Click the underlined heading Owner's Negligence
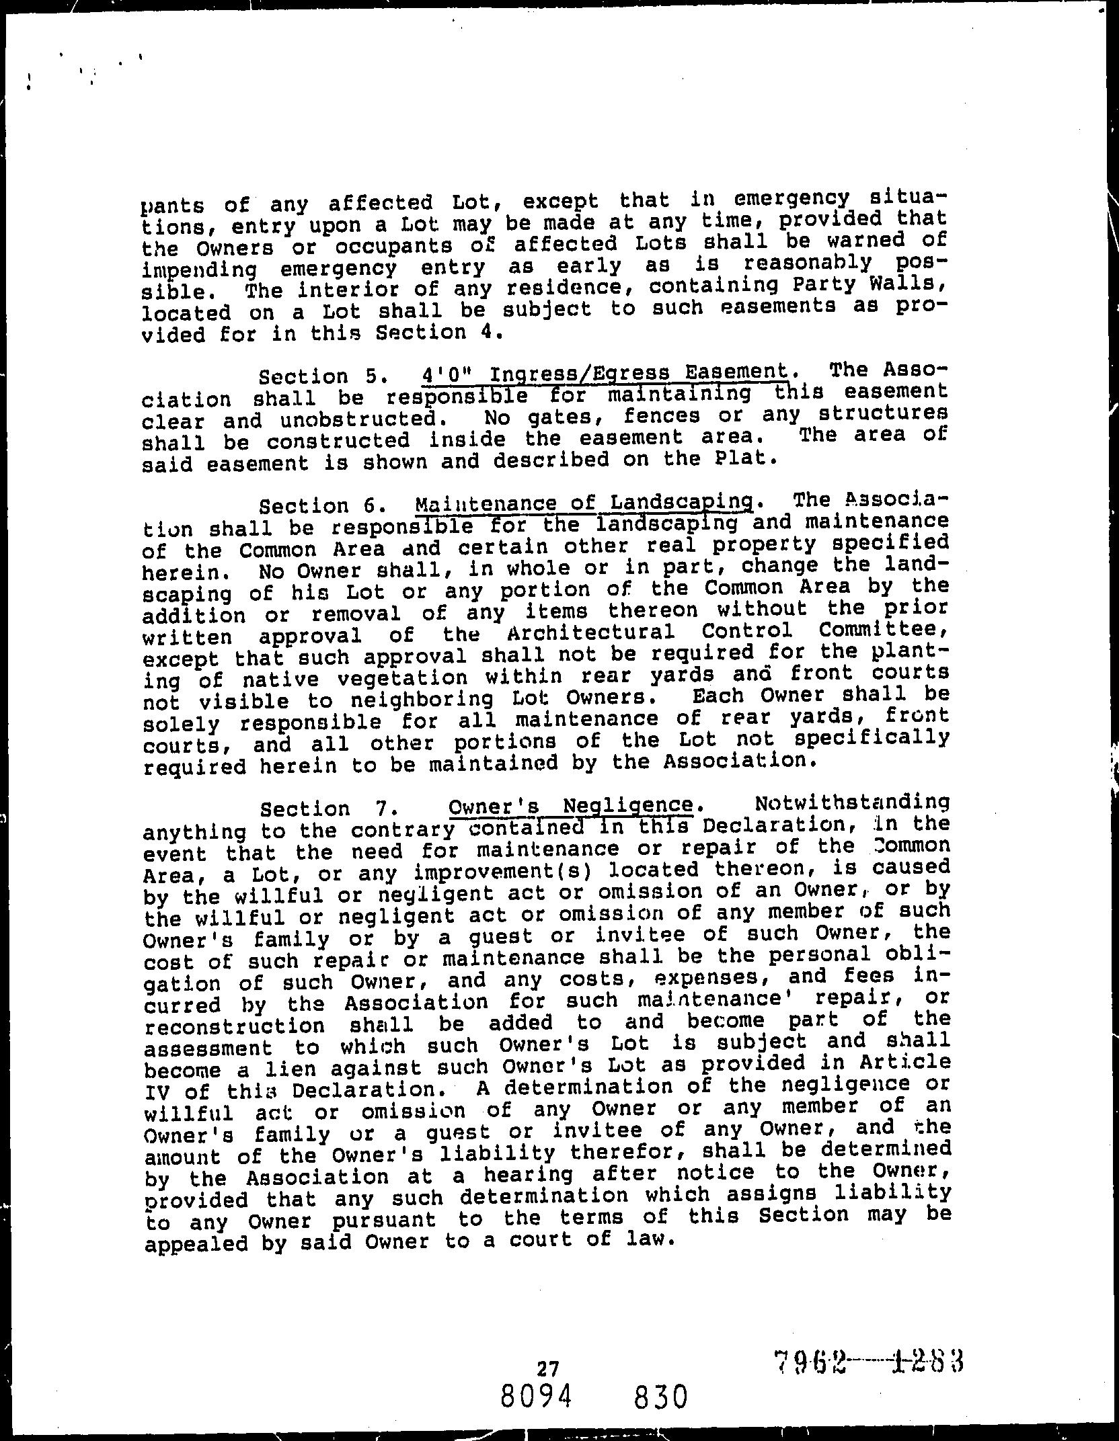click(x=570, y=806)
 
